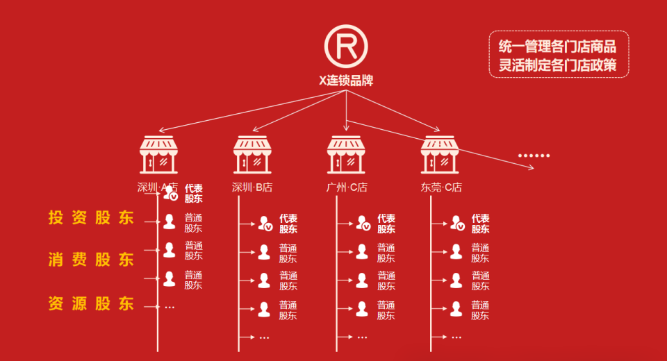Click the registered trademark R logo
346,46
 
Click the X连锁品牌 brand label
346,81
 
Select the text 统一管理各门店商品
557,47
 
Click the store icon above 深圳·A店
159,154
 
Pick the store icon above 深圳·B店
252,154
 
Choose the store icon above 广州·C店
346,154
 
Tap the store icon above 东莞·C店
440,154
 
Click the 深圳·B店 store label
252,187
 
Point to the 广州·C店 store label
347,187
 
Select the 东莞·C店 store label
441,187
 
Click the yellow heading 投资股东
91,217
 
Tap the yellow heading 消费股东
91,260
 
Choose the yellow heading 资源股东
91,303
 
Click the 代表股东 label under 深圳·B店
288,224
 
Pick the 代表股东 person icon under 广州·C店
363,223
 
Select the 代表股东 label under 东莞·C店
480,224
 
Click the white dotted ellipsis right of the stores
534,156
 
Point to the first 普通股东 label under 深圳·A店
193,222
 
